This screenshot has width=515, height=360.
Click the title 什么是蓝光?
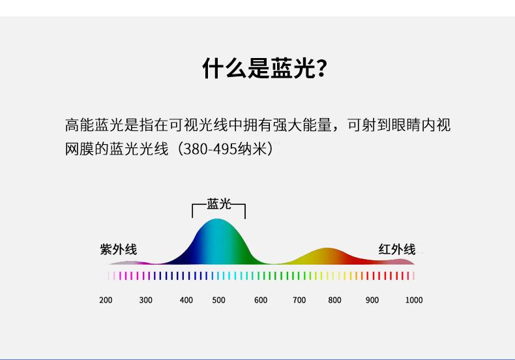tap(265, 68)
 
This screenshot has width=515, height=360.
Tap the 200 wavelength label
tap(106, 300)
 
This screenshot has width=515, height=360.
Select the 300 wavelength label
tap(145, 300)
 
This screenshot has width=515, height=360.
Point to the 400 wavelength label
tap(186, 300)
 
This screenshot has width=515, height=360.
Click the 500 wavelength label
tap(219, 300)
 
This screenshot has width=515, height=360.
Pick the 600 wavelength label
tap(261, 300)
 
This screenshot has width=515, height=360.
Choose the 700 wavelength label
tap(299, 300)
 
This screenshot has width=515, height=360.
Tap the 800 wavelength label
tap(334, 300)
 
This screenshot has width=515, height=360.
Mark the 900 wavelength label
tap(372, 300)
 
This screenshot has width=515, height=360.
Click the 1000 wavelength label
tap(414, 300)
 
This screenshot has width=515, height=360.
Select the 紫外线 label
tap(118, 249)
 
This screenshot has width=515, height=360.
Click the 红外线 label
tap(397, 249)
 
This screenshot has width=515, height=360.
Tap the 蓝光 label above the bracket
tap(219, 203)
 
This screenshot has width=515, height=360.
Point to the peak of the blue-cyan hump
tap(217, 219)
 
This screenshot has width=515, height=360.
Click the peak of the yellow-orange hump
tap(326, 248)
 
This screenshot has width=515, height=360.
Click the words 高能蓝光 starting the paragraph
tap(95, 125)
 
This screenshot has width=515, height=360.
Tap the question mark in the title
tap(322, 68)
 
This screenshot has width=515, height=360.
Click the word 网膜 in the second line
tap(80, 149)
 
